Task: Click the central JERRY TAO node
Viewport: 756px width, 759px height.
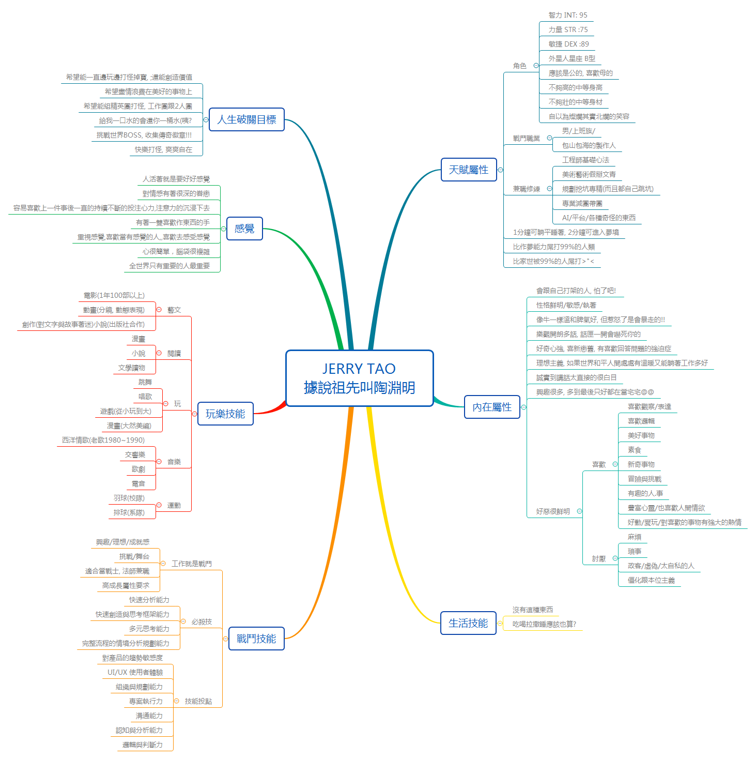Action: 359,378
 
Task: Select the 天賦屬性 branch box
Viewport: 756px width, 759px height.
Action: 469,170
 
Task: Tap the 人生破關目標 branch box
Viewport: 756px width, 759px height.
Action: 246,119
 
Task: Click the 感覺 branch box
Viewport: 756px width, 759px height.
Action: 244,229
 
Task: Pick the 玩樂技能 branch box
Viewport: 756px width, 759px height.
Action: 225,414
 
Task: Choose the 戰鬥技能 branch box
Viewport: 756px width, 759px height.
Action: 256,639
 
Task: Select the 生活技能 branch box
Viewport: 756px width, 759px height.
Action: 468,623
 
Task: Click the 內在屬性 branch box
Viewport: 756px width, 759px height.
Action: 492,407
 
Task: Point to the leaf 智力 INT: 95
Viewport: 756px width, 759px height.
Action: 568,15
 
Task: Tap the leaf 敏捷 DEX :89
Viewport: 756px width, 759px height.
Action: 568,44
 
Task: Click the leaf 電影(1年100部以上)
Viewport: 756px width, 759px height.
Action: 114,295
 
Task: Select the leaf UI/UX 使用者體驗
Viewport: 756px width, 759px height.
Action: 135,672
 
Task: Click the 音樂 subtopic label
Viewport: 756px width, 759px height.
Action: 174,462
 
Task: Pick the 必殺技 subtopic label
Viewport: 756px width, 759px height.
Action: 202,621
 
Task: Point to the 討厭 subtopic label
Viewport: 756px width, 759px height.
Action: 599,558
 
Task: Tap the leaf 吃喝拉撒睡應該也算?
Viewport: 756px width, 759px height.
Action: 544,624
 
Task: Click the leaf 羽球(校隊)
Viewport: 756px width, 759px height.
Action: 129,498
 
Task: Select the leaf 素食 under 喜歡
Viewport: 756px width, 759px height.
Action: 634,450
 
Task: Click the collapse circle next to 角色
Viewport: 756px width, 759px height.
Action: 536,66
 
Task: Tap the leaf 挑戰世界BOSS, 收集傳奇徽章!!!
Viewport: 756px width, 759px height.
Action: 144,135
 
